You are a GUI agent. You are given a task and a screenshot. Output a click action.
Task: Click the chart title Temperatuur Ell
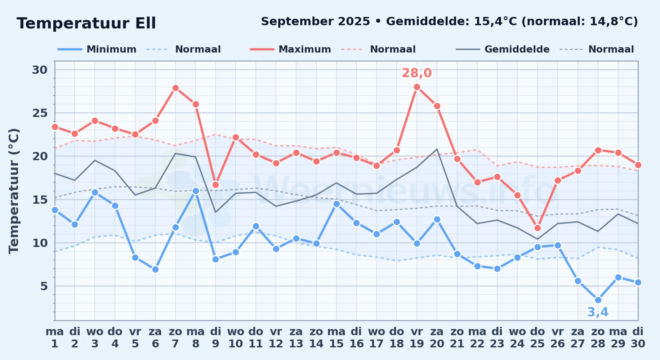pos(86,23)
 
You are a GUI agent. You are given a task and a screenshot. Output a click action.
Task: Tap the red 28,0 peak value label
pos(417,73)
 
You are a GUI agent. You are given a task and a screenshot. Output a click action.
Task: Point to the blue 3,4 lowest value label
pos(598,312)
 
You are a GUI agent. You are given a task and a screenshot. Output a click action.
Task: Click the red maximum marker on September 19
pos(417,87)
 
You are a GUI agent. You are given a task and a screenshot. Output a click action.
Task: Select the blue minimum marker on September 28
pos(598,300)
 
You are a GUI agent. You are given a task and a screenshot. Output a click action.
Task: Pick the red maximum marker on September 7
pos(175,88)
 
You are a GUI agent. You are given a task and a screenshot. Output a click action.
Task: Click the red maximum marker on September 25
pos(538,228)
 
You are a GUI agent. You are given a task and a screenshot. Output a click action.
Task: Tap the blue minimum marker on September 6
pos(155,269)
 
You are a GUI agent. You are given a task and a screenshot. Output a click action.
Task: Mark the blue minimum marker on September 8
pos(196,191)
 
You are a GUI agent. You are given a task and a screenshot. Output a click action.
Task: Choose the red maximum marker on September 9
pos(215,185)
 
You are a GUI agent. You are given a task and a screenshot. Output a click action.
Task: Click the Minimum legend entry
pos(97,49)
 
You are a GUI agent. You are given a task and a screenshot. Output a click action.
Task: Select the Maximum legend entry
pos(290,49)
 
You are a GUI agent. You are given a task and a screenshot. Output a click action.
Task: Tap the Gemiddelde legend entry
pos(503,49)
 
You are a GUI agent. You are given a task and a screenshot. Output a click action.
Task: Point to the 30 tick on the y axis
pos(40,69)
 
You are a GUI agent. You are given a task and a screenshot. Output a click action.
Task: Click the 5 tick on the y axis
pos(44,286)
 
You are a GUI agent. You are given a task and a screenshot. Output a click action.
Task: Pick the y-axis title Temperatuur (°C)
pos(14,191)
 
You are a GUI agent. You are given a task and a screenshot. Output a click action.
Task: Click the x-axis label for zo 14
pos(316,338)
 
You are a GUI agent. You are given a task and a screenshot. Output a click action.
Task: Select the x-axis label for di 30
pos(638,338)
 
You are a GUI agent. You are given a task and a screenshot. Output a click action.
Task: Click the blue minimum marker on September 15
pos(336,204)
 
